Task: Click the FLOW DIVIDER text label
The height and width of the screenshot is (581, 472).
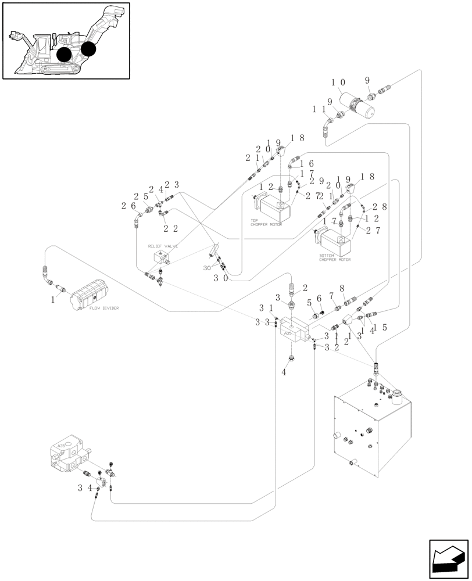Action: [x=104, y=309]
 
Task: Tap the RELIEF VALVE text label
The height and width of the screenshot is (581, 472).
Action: [x=163, y=246]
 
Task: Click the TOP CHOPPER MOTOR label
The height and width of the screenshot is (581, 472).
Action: [x=266, y=223]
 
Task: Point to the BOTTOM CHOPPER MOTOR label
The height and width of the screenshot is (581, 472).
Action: [x=335, y=258]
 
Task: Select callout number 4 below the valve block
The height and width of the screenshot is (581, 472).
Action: [x=284, y=372]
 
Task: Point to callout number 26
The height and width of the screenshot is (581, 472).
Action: [x=128, y=205]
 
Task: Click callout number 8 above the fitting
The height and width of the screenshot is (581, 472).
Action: [x=342, y=288]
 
